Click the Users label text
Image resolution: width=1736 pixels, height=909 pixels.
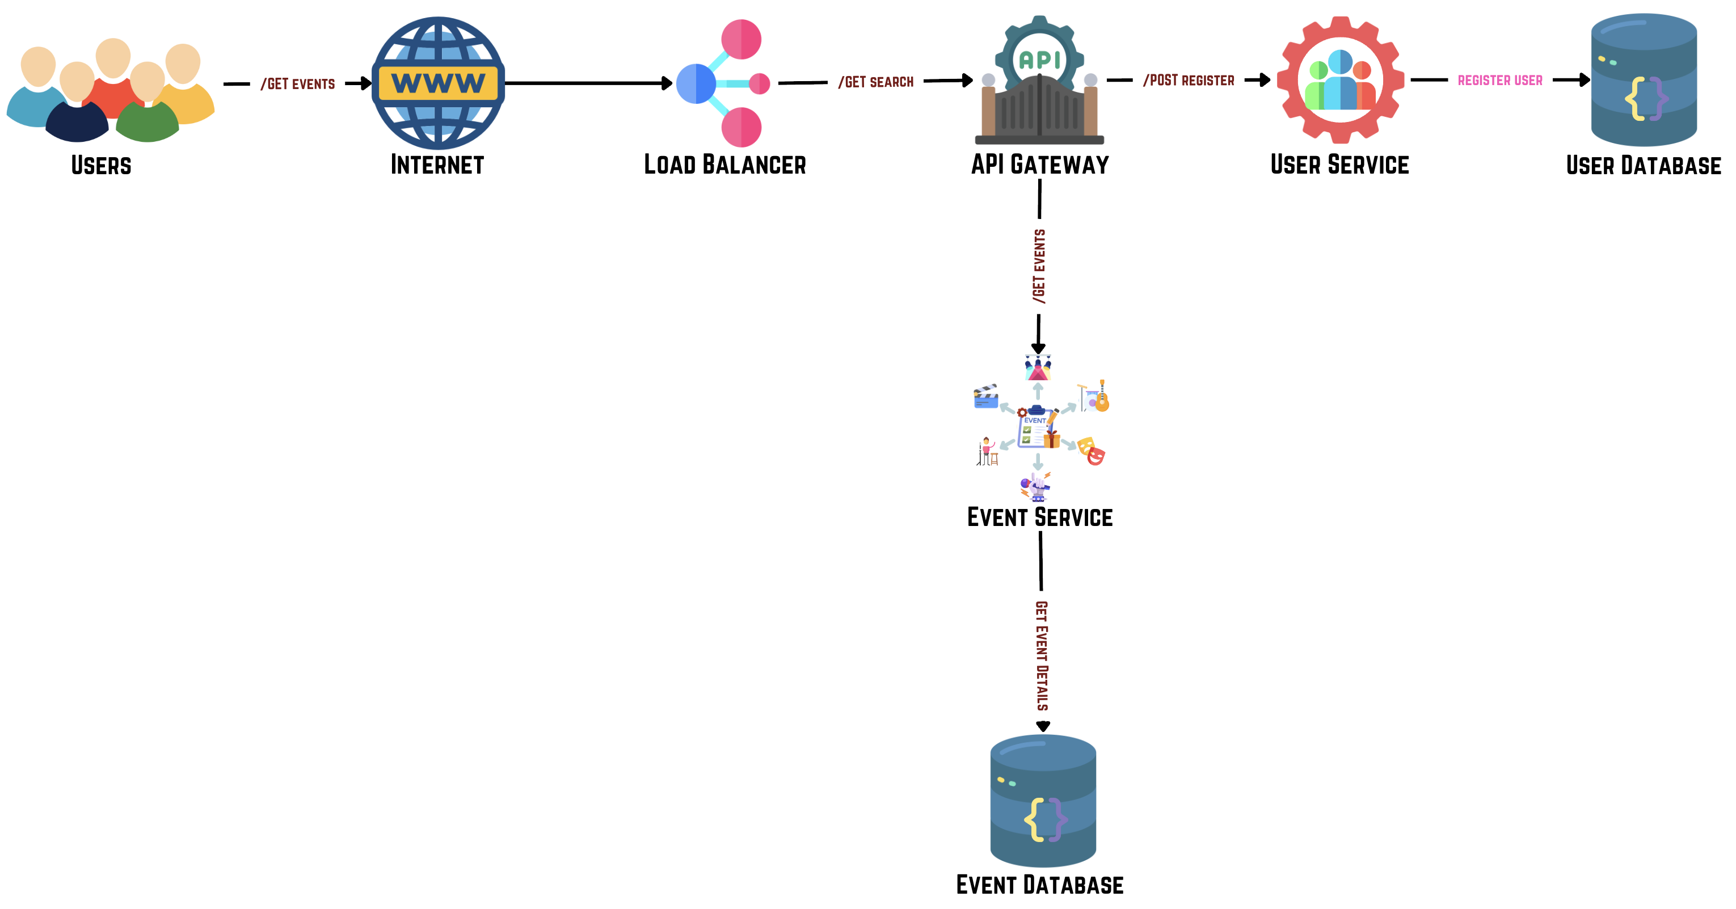[x=101, y=166]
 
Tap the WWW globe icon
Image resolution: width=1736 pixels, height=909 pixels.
[x=438, y=83]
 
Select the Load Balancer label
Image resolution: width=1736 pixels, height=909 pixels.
[x=724, y=165]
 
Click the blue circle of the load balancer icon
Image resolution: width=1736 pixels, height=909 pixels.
[x=696, y=83]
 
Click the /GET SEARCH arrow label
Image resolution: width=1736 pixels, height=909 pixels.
[x=875, y=82]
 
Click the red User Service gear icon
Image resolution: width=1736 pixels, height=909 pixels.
[x=1340, y=80]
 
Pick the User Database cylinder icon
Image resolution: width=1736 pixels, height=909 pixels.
[x=1644, y=80]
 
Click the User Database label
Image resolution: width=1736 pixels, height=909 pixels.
[x=1643, y=166]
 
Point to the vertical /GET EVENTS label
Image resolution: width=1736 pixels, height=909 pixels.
[x=1039, y=266]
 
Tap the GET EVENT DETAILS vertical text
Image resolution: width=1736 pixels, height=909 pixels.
[x=1042, y=655]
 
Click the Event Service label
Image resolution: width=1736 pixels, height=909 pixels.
[x=1039, y=517]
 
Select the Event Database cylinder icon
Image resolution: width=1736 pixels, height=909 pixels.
[x=1043, y=801]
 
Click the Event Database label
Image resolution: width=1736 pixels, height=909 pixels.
[x=1039, y=885]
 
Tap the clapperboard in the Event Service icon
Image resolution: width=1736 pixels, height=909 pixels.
[x=985, y=397]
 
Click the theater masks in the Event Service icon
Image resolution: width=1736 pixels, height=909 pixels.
[x=1091, y=451]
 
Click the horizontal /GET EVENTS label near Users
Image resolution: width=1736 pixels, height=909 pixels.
[x=297, y=84]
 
